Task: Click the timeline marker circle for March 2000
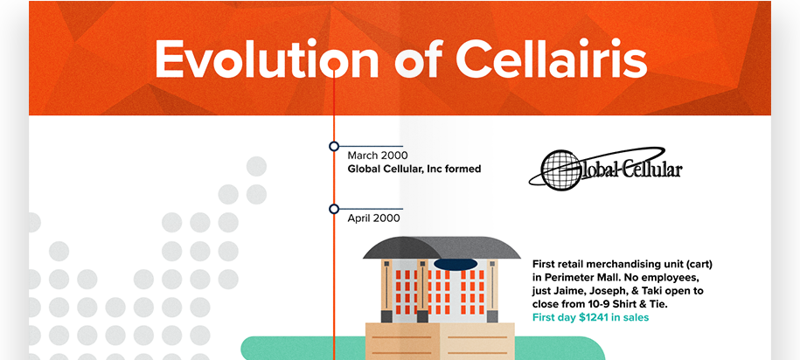click(334, 146)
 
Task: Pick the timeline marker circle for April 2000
click(334, 209)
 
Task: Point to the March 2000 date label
click(378, 156)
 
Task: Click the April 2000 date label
click(374, 218)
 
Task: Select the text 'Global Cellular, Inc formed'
click(414, 169)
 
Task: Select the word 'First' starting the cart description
click(546, 263)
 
